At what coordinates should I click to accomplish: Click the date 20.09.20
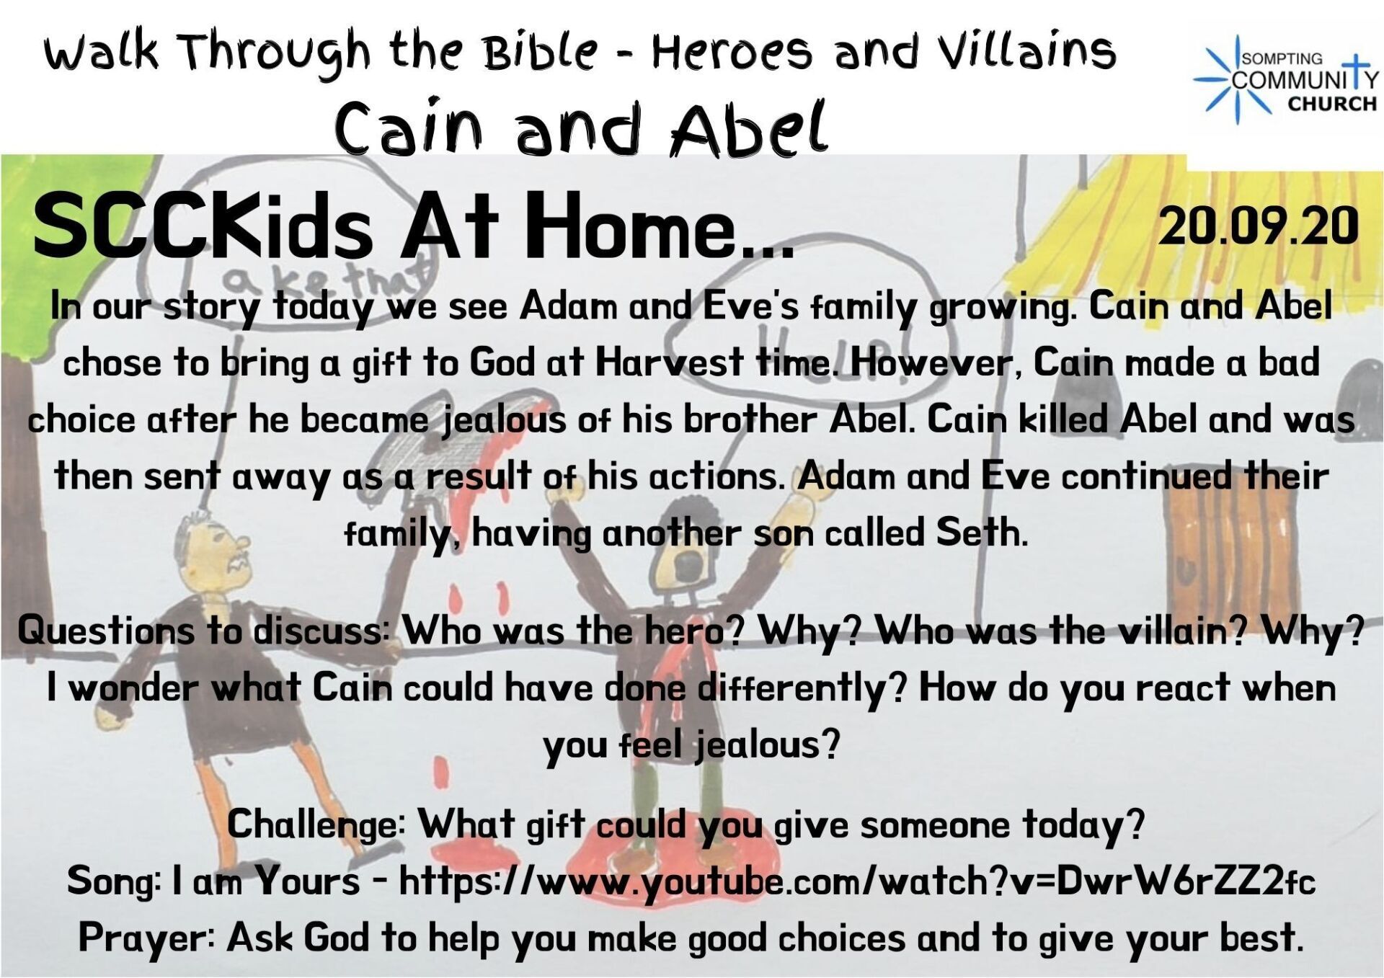coord(1259,226)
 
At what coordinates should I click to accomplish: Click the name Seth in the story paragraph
coord(981,533)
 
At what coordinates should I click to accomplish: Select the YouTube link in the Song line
coord(857,881)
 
